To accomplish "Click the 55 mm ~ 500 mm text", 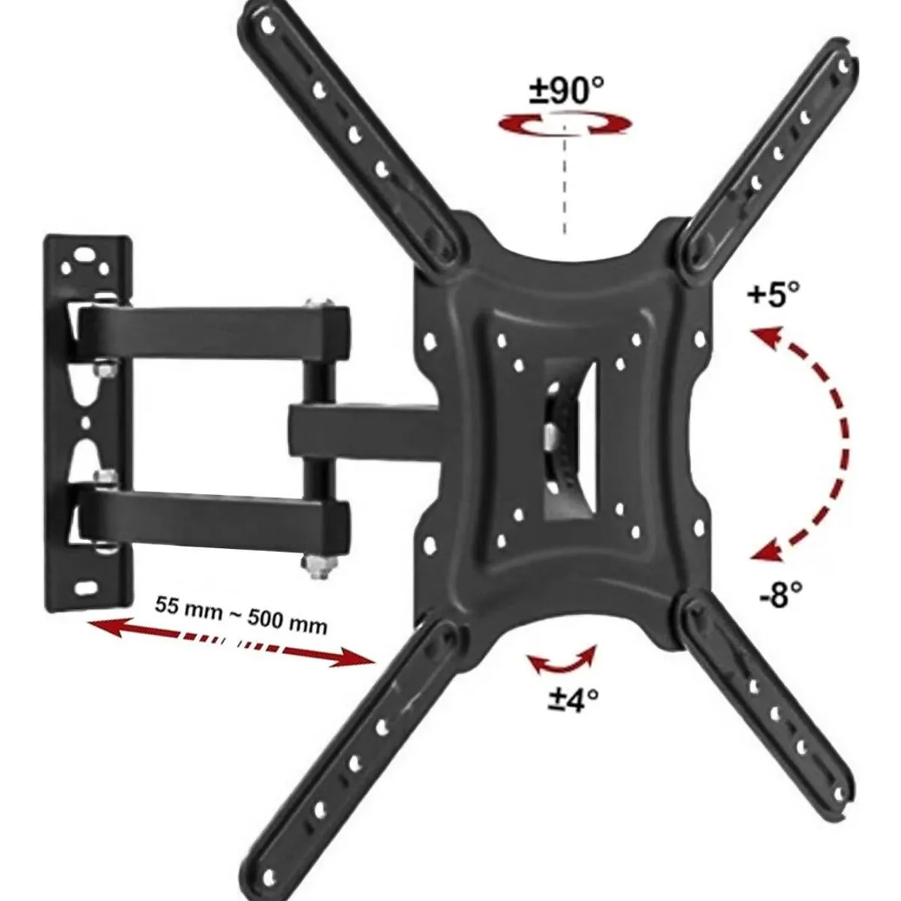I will [241, 615].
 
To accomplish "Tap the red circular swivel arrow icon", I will [564, 126].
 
